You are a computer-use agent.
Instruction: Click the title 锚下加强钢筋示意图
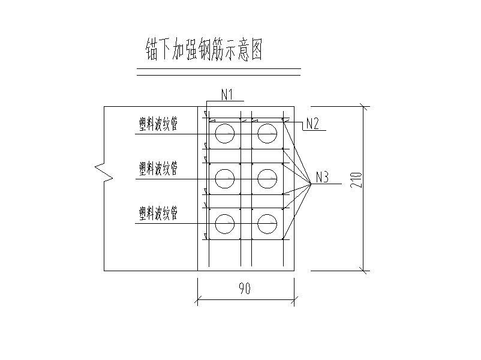pyautogui.click(x=204, y=49)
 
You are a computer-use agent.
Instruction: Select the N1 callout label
pyautogui.click(x=227, y=95)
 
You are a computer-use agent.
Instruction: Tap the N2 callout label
pyautogui.click(x=312, y=124)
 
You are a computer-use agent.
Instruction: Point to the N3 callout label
pyautogui.click(x=322, y=177)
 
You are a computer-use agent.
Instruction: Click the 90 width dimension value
pyautogui.click(x=245, y=288)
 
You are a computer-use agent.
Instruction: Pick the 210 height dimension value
pyautogui.click(x=356, y=180)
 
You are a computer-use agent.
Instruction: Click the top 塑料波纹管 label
pyautogui.click(x=158, y=124)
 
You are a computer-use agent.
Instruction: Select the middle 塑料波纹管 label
pyautogui.click(x=158, y=169)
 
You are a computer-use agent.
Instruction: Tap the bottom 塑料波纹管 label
pyautogui.click(x=158, y=213)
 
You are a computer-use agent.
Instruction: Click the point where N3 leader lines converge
pyautogui.click(x=311, y=184)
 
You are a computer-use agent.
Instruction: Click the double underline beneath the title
pyautogui.click(x=219, y=72)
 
